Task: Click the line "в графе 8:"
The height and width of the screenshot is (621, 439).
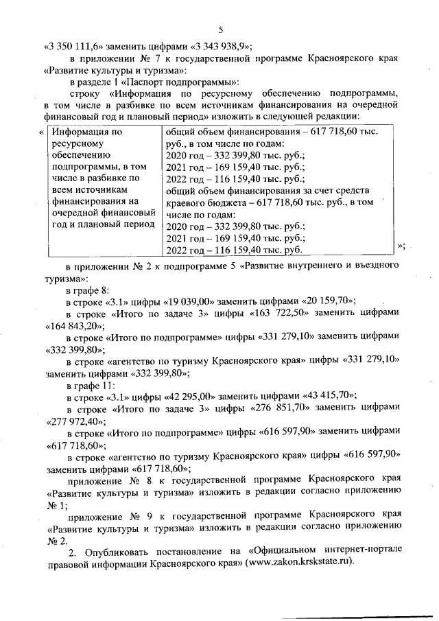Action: point(83,288)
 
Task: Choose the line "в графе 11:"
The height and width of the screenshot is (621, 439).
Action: point(85,384)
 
